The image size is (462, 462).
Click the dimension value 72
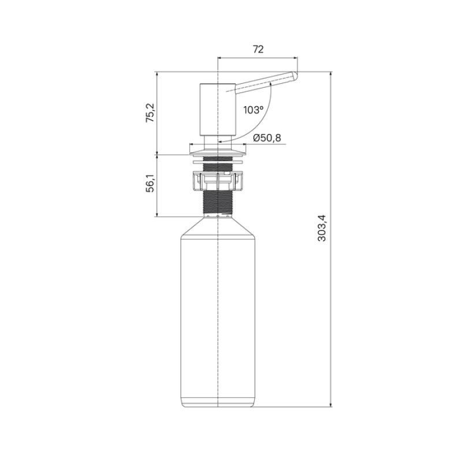(258, 50)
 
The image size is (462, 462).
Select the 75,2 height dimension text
(150, 113)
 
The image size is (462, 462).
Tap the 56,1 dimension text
(150, 185)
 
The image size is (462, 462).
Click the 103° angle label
(253, 110)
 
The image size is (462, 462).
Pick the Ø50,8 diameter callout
(267, 137)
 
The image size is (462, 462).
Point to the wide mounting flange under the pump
(217, 151)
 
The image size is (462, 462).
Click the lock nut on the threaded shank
(217, 180)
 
